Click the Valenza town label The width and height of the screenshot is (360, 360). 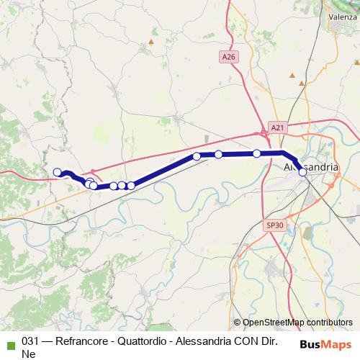343,16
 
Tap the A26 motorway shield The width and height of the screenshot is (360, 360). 229,56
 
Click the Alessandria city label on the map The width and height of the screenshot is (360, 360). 308,167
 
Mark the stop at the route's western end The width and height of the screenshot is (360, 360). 58,172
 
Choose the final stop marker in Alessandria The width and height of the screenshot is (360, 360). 302,172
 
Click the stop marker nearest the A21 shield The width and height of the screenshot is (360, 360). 257,153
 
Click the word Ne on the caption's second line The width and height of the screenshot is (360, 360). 29,354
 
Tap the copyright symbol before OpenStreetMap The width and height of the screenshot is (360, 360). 237,323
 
